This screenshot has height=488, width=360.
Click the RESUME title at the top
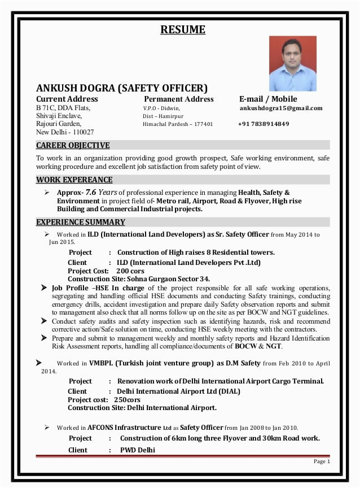pos(182,29)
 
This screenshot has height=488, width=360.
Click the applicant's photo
pos(292,63)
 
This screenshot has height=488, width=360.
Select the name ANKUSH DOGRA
pos(76,88)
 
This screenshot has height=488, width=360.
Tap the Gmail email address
pos(280,108)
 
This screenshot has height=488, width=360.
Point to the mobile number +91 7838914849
pos(263,124)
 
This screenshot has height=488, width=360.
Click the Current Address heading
pos(67,99)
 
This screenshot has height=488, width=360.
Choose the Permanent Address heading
pos(178,99)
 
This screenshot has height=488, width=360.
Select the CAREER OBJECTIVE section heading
pos(73,145)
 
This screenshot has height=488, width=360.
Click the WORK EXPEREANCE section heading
pos(74,180)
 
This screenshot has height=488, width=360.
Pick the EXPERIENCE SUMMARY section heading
pos(81,222)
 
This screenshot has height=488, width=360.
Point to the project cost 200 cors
pos(130,271)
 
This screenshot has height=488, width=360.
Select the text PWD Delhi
pos(137,450)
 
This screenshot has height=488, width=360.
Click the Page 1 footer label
pos(321,461)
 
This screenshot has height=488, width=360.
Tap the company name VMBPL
pos(100,363)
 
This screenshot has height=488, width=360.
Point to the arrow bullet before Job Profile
pos(44,288)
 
